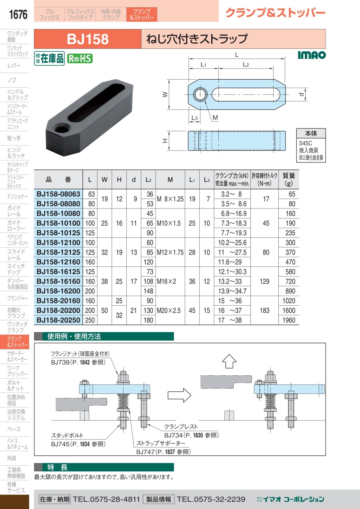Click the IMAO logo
tap(312, 55)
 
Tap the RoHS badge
tap(80, 58)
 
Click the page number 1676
tap(18, 14)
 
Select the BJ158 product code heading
tap(88, 39)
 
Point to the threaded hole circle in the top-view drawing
tap(200, 94)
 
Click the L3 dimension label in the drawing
tap(194, 118)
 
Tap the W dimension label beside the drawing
tap(165, 94)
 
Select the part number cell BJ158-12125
tap(58, 252)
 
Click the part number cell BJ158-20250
tap(58, 320)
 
